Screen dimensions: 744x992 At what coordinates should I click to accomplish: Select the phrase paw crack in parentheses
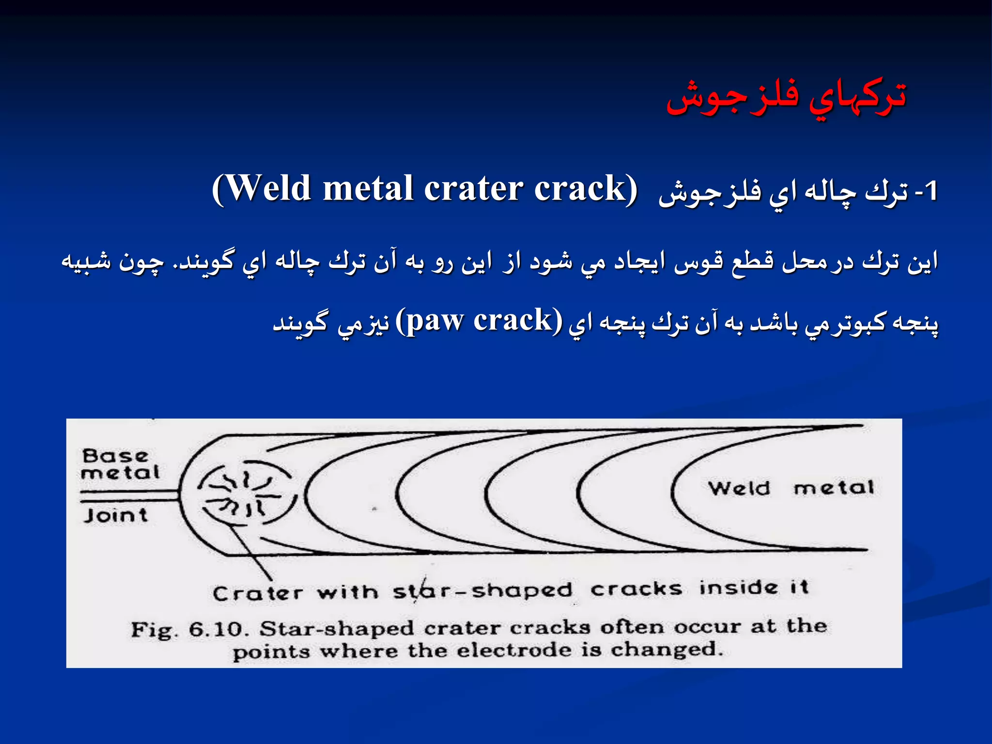[479, 321]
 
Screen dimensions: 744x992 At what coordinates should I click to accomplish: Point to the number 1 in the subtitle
[930, 191]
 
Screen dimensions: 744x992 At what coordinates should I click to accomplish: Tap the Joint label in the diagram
[115, 515]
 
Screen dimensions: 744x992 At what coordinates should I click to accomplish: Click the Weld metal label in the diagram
[791, 487]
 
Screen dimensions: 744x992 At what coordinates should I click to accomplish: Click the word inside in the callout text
[739, 588]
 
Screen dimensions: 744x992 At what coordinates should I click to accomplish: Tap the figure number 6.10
[218, 630]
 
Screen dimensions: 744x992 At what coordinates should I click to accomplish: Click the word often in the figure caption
[632, 627]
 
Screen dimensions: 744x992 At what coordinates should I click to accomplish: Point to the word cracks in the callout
[636, 589]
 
